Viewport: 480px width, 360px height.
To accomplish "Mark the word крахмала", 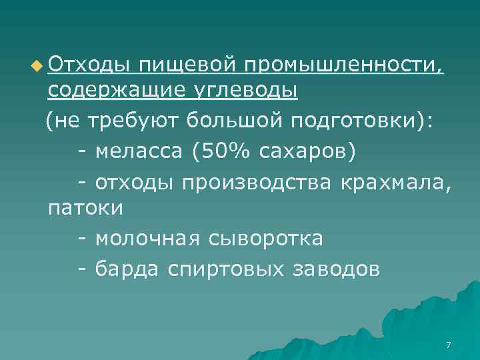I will (395, 181).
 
